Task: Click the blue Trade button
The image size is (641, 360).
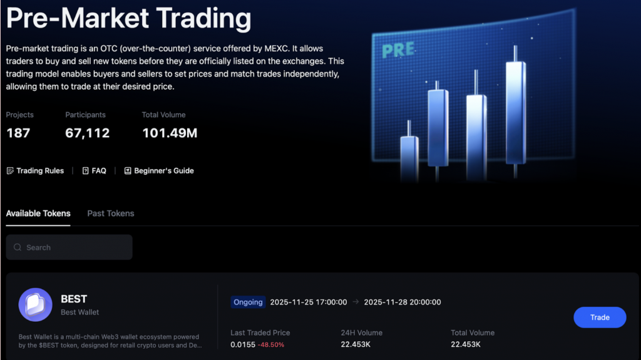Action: coord(600,317)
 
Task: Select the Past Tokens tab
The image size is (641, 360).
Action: coord(111,213)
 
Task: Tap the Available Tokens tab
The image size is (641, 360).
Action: coord(38,213)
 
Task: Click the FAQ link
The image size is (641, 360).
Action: coord(95,171)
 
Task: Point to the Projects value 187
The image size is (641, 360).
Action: coord(18,133)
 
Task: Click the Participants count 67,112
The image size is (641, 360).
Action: coord(88,133)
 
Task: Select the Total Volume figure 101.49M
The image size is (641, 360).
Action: coord(170,133)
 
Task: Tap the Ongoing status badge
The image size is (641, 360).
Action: coord(248,302)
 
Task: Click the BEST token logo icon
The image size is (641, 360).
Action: coord(35,305)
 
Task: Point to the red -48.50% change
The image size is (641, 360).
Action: coord(272,345)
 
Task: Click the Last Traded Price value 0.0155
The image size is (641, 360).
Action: coord(243,345)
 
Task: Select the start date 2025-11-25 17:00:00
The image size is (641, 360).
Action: coord(308,302)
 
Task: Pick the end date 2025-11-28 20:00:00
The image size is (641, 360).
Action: coord(402,302)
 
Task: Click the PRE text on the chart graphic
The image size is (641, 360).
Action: coord(398,50)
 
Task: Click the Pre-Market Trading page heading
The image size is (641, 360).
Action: coord(128,19)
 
